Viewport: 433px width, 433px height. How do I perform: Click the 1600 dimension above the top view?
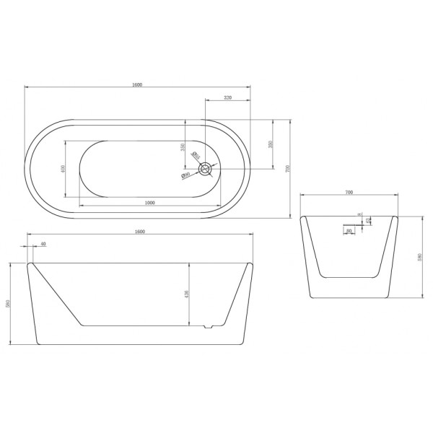[136, 84]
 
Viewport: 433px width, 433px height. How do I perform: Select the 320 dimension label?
[227, 97]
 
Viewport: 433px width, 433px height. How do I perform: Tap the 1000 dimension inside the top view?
[150, 202]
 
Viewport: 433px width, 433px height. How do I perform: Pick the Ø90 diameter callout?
[185, 175]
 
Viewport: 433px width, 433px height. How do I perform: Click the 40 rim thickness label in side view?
[43, 244]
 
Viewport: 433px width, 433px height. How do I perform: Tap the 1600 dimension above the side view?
[140, 231]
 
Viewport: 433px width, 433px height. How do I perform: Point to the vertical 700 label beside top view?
[287, 169]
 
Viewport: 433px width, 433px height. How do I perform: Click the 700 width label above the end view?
[349, 193]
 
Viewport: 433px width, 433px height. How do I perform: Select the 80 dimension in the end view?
[349, 231]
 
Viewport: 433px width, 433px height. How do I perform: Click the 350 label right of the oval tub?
[271, 144]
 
